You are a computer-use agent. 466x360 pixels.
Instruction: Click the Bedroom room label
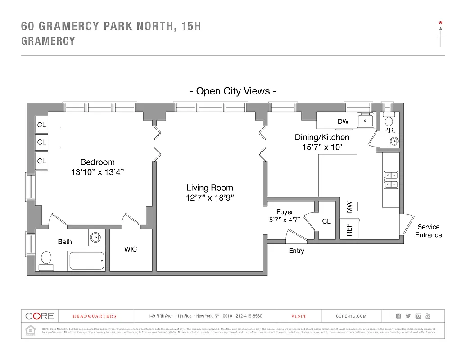tap(97, 162)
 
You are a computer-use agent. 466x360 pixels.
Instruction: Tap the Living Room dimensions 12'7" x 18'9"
tap(210, 198)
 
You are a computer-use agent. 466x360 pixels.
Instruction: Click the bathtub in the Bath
tap(87, 261)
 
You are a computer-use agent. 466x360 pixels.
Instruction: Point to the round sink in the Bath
tap(95, 237)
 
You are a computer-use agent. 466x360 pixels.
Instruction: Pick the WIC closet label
tap(131, 249)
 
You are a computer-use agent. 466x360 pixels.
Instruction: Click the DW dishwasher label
tap(343, 121)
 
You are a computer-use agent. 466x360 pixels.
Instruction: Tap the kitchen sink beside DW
tap(366, 120)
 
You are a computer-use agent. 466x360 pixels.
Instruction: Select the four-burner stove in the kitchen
tap(390, 179)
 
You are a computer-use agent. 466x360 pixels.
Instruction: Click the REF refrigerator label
tap(349, 230)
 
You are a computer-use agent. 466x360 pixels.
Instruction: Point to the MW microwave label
tap(349, 207)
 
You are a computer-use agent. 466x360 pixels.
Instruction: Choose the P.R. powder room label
tap(389, 130)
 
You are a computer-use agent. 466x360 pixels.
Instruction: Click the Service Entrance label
tap(428, 231)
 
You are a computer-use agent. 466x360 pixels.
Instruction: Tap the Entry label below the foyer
tap(296, 251)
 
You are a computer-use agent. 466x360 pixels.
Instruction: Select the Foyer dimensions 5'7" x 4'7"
tap(285, 220)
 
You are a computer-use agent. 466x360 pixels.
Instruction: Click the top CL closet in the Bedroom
tap(41, 125)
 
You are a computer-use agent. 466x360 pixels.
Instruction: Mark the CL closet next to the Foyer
tap(326, 221)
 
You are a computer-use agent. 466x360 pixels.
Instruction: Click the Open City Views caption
tap(232, 91)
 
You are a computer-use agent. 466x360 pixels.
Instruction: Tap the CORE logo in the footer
tap(40, 316)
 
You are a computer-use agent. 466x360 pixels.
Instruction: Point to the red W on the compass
tap(440, 22)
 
